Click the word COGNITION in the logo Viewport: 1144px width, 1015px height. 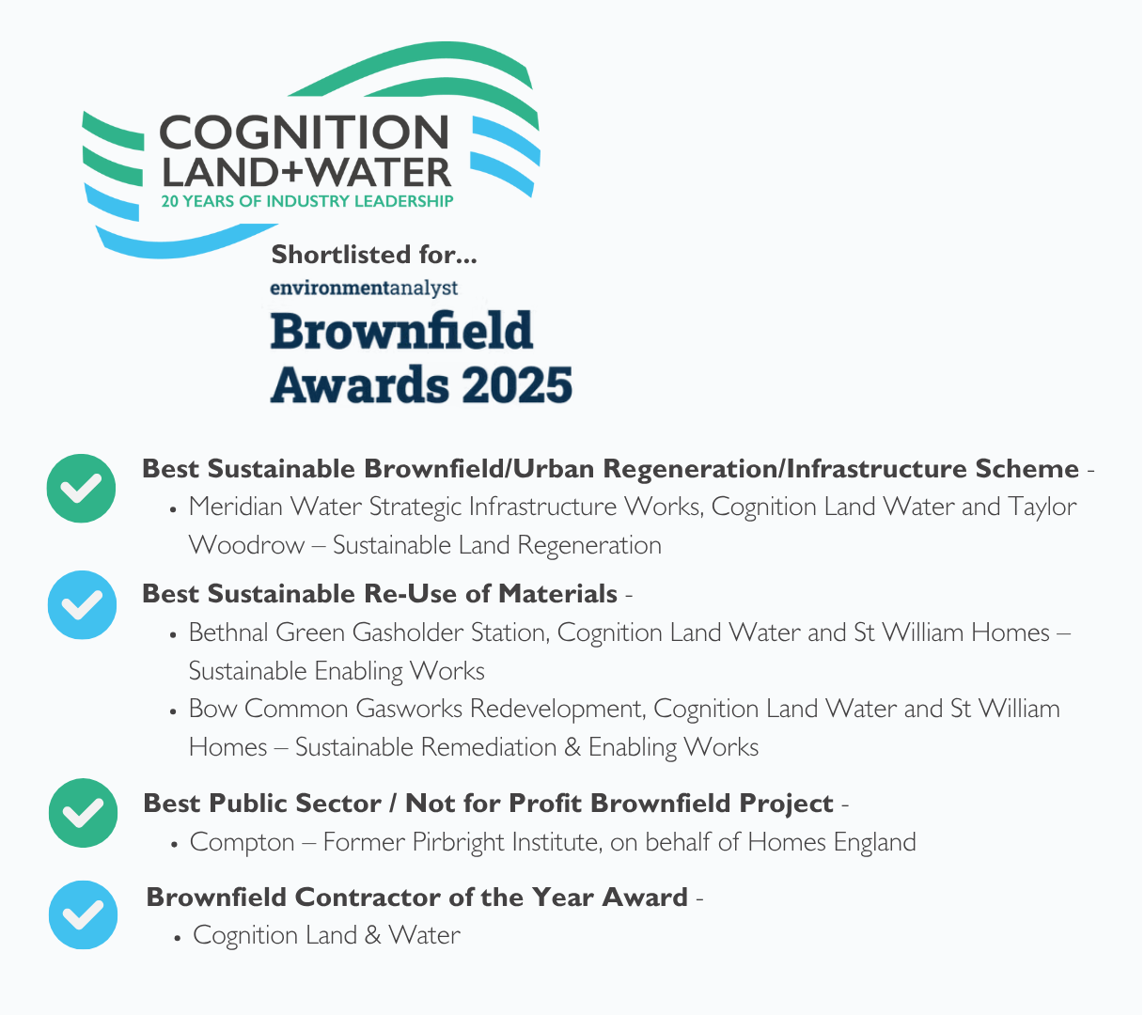304,133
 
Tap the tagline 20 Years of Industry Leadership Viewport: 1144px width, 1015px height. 306,201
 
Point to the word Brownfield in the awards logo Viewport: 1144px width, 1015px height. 401,331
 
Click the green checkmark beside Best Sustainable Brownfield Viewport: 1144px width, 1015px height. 82,489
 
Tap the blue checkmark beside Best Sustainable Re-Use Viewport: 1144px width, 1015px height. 82,605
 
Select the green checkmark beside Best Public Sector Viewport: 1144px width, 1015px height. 83,813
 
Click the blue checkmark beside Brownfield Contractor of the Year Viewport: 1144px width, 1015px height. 83,914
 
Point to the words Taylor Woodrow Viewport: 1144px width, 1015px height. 1042,507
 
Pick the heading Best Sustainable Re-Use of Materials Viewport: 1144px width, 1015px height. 380,594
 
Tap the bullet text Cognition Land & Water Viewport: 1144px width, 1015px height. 326,935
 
